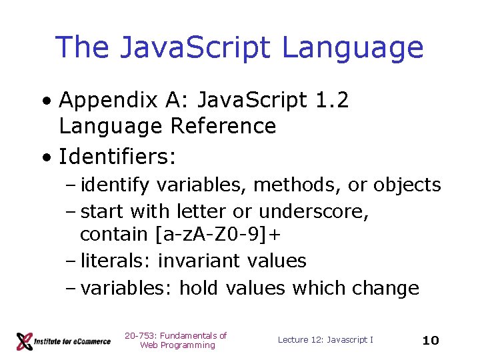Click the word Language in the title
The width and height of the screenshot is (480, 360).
[x=353, y=48]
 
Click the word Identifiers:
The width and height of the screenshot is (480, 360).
[x=117, y=157]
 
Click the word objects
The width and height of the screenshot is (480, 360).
[x=407, y=185]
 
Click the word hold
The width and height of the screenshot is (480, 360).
[x=200, y=288]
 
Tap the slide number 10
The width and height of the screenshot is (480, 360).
[x=431, y=341]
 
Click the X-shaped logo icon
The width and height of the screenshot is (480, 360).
[x=25, y=341]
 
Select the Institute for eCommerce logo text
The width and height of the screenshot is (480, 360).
[x=74, y=341]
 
